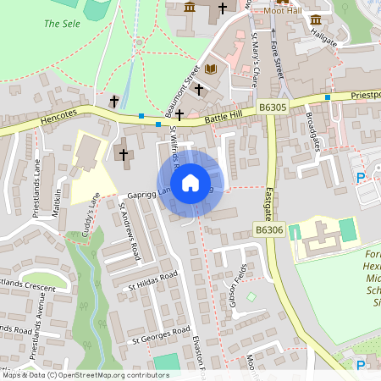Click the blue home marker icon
[x=190, y=182]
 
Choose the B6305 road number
[x=273, y=108]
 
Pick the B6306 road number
[x=268, y=229]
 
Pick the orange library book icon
[x=211, y=69]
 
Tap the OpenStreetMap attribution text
[x=85, y=375]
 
